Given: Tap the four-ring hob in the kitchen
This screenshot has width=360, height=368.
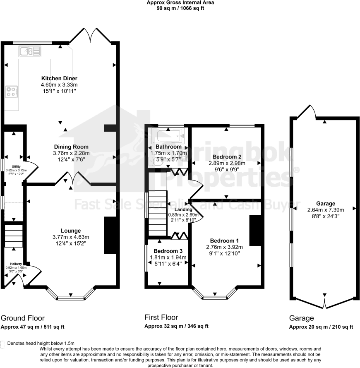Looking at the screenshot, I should pos(12,92).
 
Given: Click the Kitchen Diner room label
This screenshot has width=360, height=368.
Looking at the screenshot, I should pos(59,78).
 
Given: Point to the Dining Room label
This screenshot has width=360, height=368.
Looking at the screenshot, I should pos(71,147).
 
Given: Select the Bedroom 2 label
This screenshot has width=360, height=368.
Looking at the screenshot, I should pos(227,157).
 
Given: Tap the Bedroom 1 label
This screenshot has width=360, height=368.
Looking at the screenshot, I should pos(224,241).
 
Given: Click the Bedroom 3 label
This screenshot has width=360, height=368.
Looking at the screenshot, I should pos(168,251).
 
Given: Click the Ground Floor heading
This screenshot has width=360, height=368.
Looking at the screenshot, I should pos(22,318).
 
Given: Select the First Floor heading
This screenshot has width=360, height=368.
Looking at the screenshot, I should pos(161,317).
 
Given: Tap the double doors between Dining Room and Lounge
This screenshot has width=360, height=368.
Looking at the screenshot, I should pos(73,179).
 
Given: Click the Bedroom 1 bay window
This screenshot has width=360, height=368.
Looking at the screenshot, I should pos(215,296).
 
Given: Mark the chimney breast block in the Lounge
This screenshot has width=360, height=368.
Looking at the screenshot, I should pos(110,235).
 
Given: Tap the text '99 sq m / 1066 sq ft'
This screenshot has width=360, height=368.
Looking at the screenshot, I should pos(180,8).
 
